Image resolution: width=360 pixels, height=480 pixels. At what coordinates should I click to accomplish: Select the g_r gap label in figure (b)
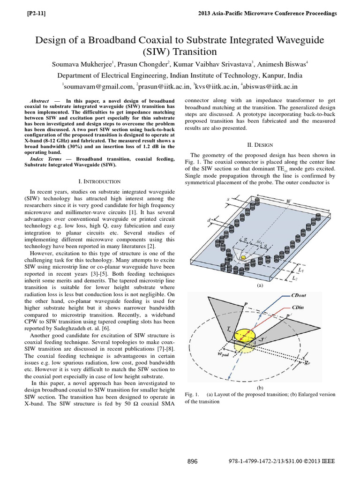click(x=320, y=362)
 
